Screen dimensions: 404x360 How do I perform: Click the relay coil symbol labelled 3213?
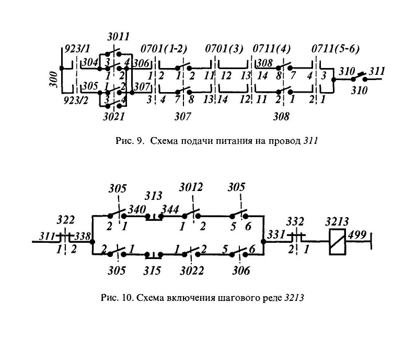(x=338, y=242)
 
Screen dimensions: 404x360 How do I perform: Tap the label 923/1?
(x=76, y=49)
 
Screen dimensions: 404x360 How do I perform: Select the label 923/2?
(x=76, y=100)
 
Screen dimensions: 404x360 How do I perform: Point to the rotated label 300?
(x=54, y=80)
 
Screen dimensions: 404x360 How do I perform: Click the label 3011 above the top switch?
(x=118, y=37)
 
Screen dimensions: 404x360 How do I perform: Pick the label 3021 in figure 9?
(x=114, y=117)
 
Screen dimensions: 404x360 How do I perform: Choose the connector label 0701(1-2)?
(x=164, y=49)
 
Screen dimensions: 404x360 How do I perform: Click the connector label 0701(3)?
(x=224, y=49)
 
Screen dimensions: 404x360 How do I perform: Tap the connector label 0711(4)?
(x=272, y=49)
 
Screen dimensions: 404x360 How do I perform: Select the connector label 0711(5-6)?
(x=336, y=49)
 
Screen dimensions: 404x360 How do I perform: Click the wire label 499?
(x=357, y=235)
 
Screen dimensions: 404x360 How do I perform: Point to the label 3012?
(x=191, y=187)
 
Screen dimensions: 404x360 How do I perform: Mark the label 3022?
(x=192, y=271)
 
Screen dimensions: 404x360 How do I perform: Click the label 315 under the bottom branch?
(x=153, y=271)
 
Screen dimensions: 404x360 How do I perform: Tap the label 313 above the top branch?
(x=154, y=196)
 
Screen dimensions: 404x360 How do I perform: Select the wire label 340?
(x=137, y=209)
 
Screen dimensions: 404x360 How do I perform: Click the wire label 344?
(x=170, y=209)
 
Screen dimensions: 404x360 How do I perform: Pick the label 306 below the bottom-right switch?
(x=241, y=271)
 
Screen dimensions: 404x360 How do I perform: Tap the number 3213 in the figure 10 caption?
(x=294, y=298)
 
